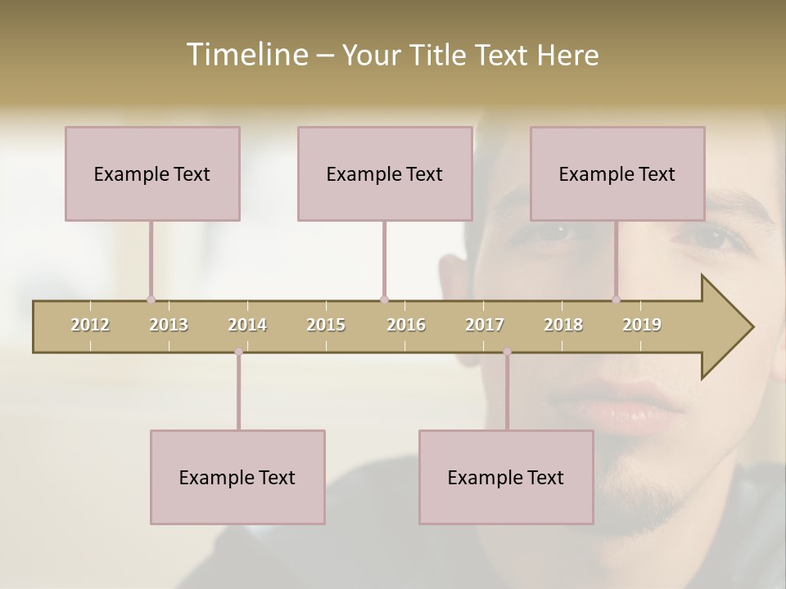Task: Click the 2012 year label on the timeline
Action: point(90,325)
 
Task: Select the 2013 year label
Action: point(169,325)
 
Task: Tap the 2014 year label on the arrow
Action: point(247,325)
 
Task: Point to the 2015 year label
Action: point(326,325)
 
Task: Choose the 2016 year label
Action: point(406,325)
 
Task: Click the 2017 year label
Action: point(485,325)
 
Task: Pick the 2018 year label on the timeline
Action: point(563,325)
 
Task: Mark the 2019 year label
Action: point(642,325)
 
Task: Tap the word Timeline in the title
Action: point(246,55)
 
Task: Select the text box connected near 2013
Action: point(152,173)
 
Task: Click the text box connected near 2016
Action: point(385,173)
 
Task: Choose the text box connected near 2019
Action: point(617,173)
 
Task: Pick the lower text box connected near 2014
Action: point(237,477)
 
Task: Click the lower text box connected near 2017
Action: point(506,477)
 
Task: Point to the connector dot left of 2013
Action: point(151,299)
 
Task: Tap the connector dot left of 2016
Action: point(384,299)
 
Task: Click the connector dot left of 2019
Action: point(616,299)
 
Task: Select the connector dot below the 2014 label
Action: point(238,352)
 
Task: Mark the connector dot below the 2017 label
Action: point(507,352)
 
